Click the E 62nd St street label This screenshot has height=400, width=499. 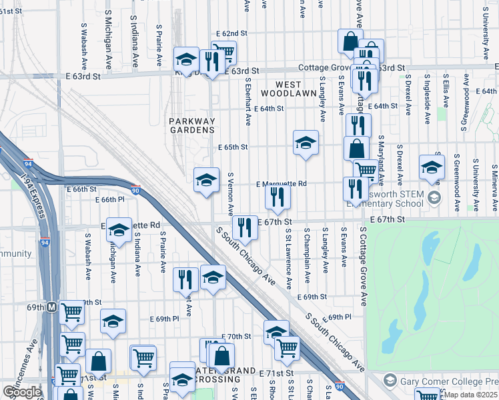tap(231, 33)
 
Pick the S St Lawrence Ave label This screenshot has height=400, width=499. tap(288, 259)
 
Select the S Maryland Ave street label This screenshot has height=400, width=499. tap(381, 159)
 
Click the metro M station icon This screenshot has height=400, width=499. tap(52, 307)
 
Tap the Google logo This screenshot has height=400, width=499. tap(22, 392)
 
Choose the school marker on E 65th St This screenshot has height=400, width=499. tap(306, 142)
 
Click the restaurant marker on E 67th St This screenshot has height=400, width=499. tap(245, 227)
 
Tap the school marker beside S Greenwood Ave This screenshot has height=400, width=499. tap(431, 167)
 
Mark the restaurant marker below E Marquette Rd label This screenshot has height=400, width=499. tap(277, 197)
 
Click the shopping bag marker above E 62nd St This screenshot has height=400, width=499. tap(350, 41)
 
